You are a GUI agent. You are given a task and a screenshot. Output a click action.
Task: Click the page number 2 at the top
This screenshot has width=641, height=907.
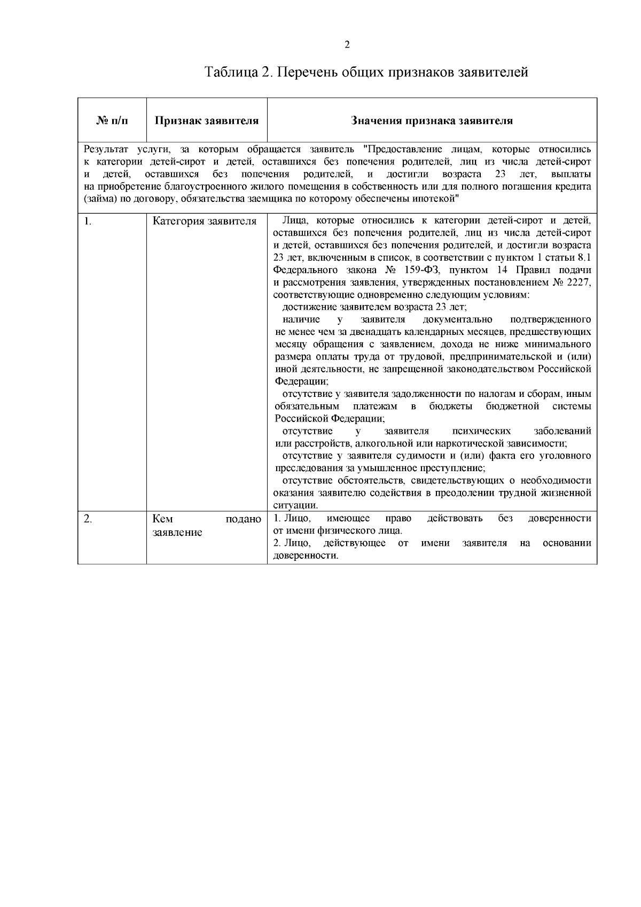[347, 45]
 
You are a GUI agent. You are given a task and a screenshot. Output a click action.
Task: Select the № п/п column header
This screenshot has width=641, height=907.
[112, 121]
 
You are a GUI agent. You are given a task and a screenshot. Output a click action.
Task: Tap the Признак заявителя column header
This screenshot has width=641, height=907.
[207, 121]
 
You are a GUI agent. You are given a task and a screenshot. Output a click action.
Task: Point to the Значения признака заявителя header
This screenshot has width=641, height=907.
[432, 121]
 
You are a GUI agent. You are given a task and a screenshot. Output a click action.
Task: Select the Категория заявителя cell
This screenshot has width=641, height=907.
[205, 221]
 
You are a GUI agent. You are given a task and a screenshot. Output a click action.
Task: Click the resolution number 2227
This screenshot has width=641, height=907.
[580, 282]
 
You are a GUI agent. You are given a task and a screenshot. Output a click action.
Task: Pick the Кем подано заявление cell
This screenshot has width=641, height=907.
[207, 526]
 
